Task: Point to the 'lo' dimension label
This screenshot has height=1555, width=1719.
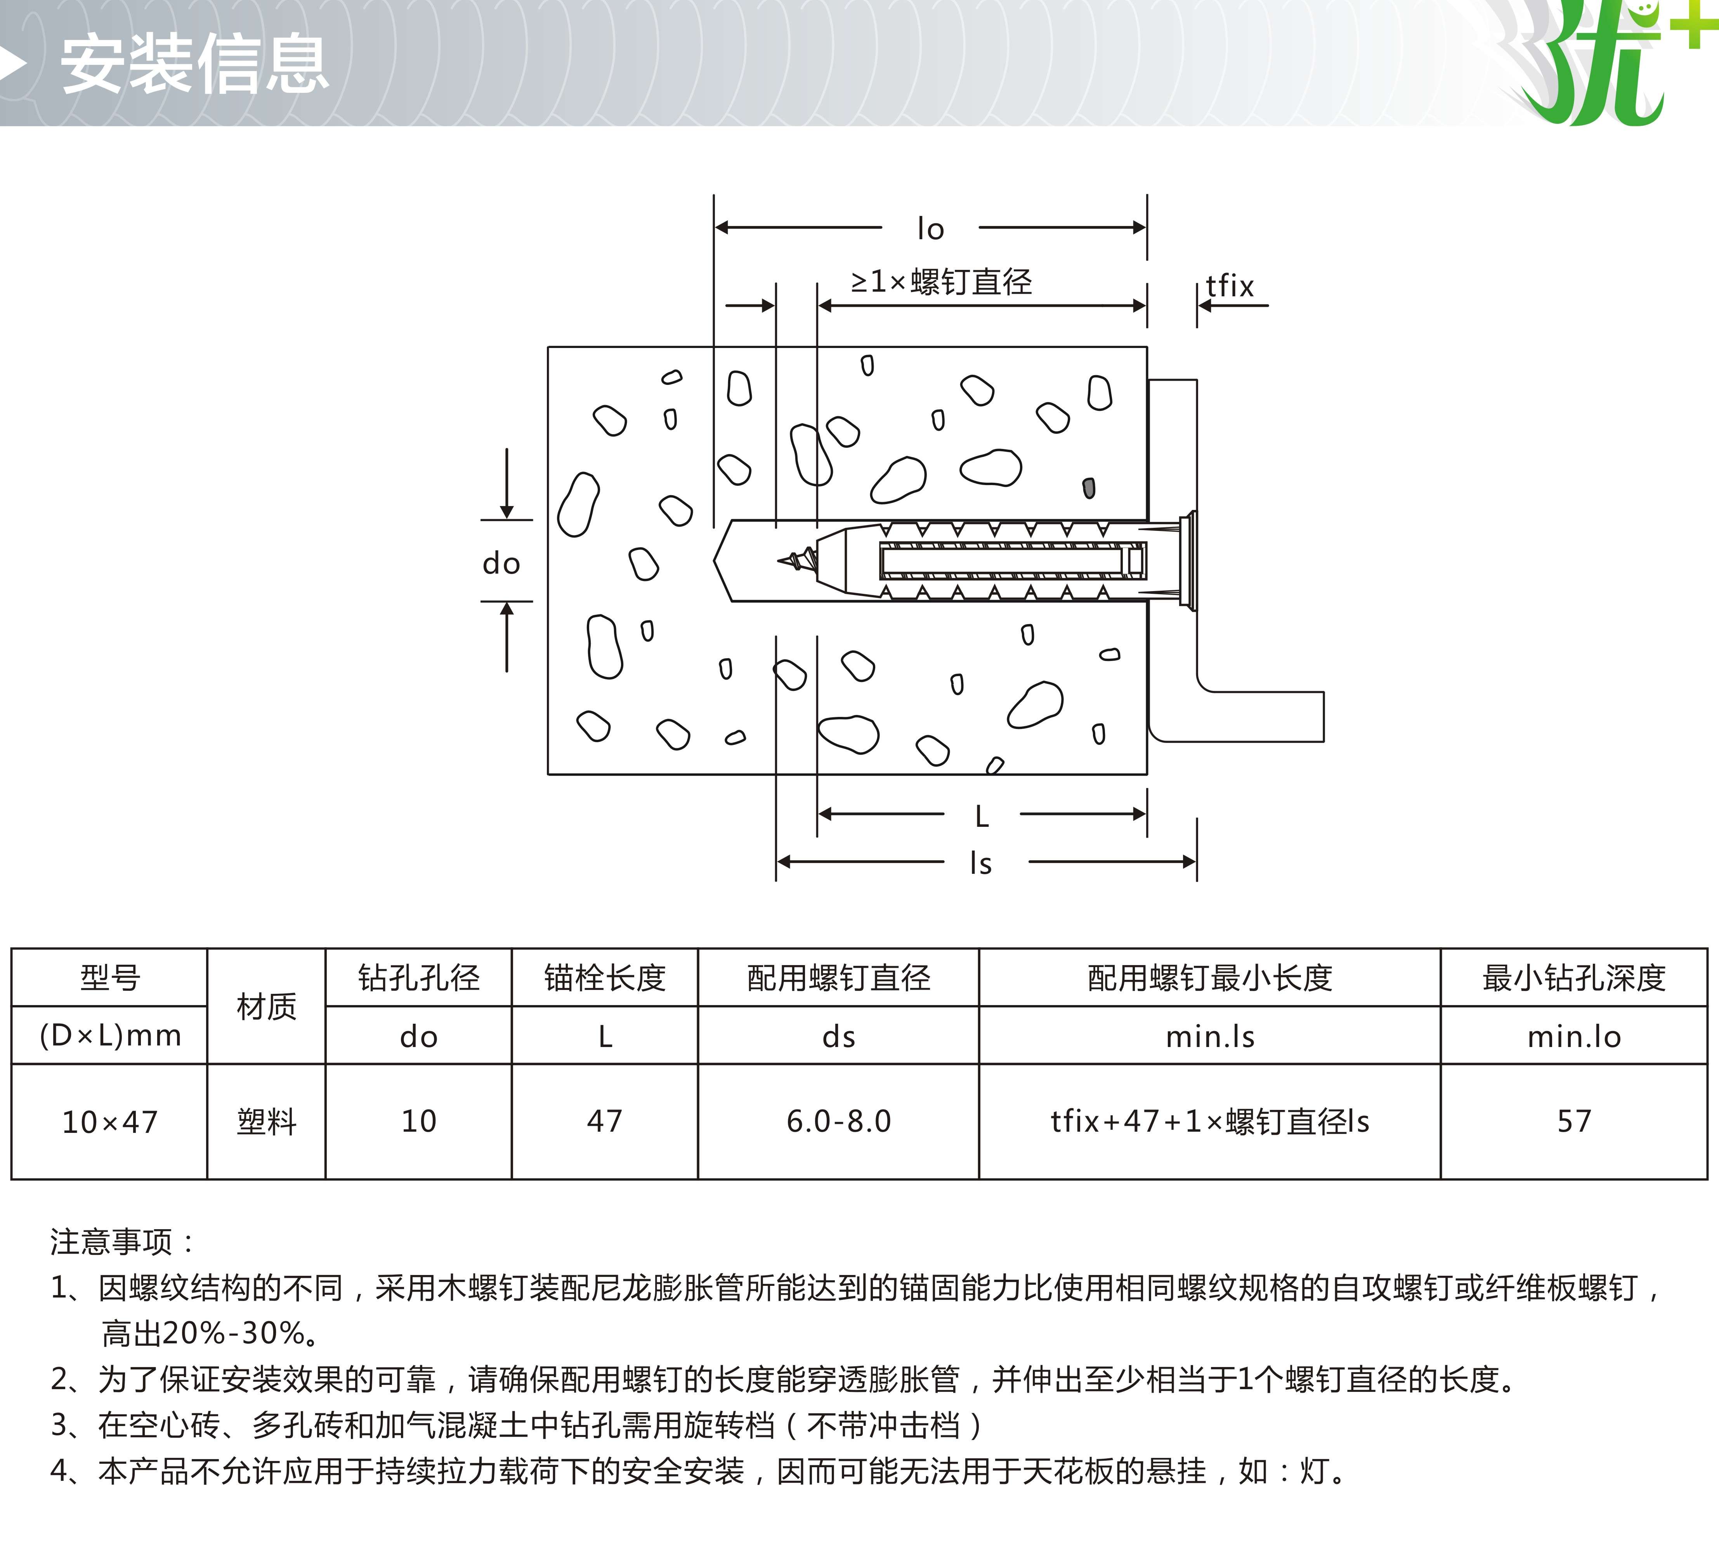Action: pos(930,229)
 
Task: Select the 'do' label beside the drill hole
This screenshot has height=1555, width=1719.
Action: pos(501,563)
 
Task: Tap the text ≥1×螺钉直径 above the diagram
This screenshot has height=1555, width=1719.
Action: pos(941,282)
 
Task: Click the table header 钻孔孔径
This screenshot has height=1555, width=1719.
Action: pos(419,978)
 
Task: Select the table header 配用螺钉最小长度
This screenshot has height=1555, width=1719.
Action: pos(1210,978)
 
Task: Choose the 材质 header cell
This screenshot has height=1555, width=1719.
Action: pos(266,1007)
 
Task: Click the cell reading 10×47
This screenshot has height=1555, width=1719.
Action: pos(110,1122)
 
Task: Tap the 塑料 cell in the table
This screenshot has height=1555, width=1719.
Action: pos(266,1122)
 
